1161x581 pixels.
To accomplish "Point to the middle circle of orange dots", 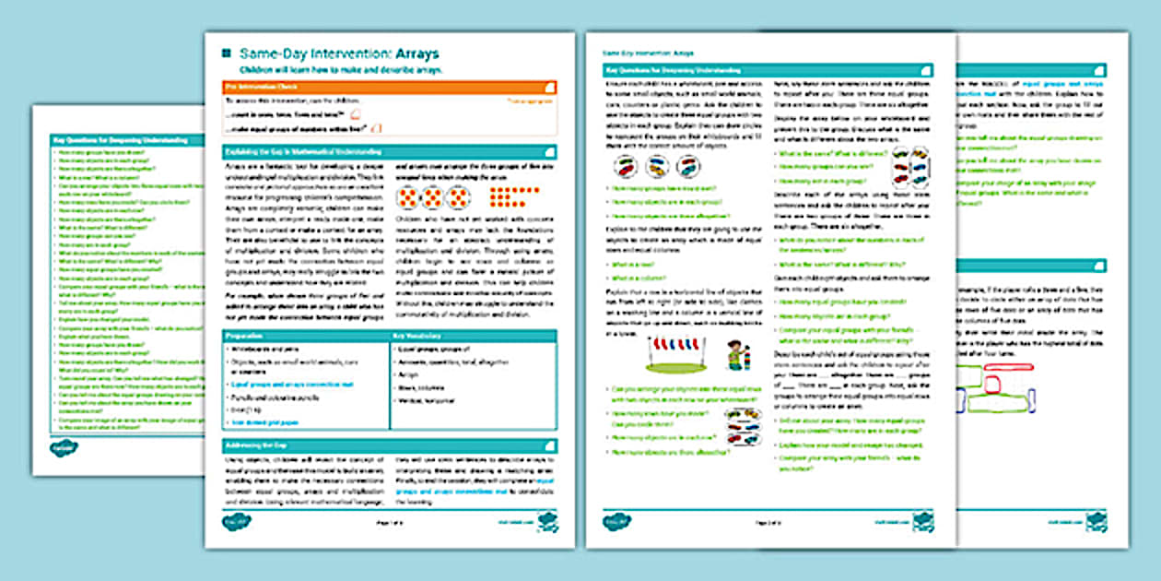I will point(433,197).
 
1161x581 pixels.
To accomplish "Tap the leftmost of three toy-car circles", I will point(627,167).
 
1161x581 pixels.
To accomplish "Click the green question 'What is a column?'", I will point(637,278).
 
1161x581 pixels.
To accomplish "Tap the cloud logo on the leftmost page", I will point(64,448).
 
